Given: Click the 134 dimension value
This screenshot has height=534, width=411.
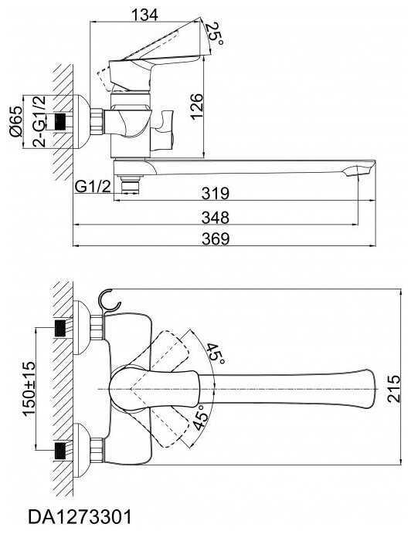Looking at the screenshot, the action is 144,15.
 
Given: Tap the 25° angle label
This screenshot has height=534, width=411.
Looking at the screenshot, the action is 216,33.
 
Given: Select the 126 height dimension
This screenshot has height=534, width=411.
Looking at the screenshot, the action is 197,106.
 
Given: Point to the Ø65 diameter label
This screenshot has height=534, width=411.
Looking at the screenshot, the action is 15,121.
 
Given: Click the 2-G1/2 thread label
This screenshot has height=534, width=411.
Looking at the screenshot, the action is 39,121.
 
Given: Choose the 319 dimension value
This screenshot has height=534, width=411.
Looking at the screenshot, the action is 216,194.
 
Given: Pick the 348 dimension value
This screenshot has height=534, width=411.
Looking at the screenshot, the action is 216,218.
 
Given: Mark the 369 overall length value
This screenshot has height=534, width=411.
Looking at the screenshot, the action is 216,238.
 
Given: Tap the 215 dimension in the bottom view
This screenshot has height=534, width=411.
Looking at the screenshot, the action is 393,389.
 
